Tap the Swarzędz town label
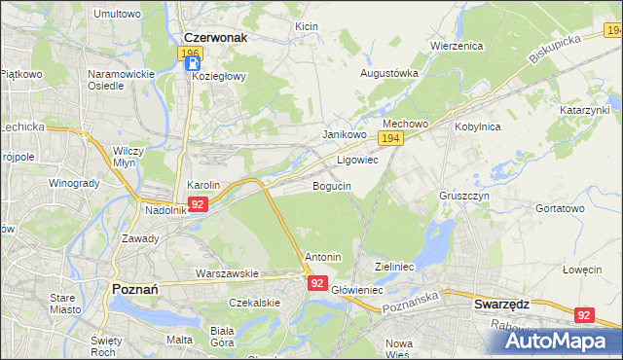[501, 304]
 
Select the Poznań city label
[142, 289]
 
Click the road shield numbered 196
[191, 53]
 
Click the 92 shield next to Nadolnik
[198, 204]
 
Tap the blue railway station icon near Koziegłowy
[192, 65]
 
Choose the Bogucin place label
[331, 186]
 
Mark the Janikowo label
[344, 134]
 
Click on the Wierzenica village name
[457, 46]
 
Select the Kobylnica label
[477, 126]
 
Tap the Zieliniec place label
[395, 266]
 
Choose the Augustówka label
[389, 73]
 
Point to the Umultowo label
[117, 15]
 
